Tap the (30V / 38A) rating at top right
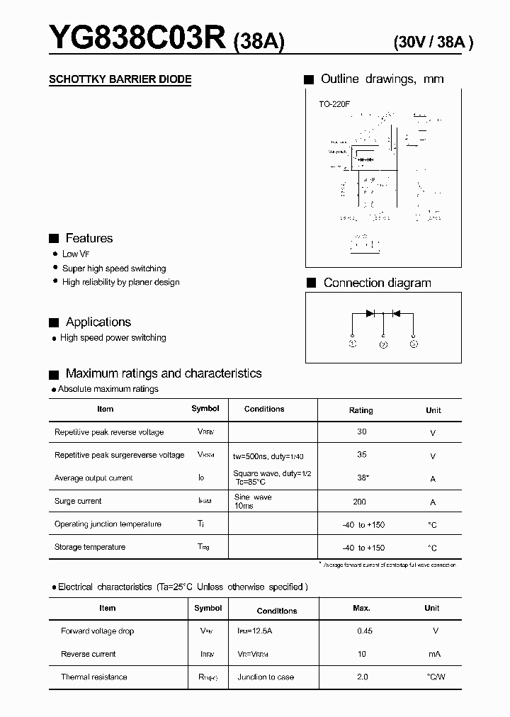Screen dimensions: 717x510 point(433,43)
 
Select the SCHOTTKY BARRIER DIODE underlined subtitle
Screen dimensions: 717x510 point(120,79)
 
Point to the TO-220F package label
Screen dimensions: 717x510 point(334,104)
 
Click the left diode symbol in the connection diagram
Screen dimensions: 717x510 point(370,313)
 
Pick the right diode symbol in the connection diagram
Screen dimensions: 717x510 point(396,313)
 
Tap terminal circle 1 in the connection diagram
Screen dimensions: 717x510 point(353,344)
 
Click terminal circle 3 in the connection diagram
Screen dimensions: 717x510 point(414,344)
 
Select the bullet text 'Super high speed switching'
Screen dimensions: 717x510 point(114,269)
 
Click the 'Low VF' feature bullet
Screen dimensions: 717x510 point(76,254)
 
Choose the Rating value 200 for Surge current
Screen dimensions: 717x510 point(359,502)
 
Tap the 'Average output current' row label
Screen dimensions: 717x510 point(93,478)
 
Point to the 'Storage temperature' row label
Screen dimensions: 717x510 point(90,547)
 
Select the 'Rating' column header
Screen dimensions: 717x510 point(361,410)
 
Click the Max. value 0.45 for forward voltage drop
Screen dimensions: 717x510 point(364,631)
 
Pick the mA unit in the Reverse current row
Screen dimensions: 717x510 point(434,654)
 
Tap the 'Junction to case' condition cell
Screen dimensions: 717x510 point(266,677)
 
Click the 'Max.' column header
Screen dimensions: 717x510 point(362,608)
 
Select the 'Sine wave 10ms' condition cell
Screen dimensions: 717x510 point(253,502)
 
